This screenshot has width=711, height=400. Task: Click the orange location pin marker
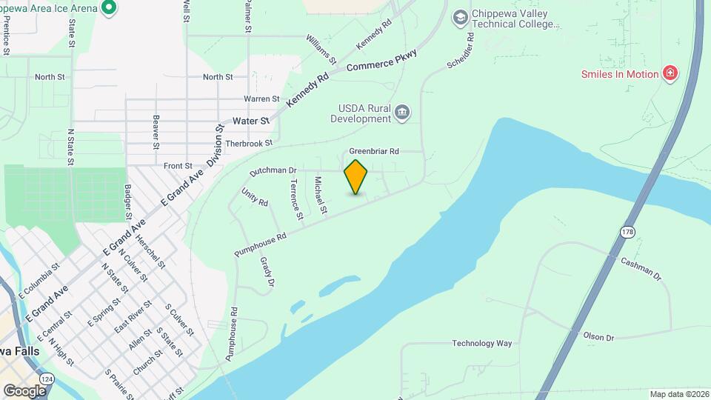pyautogui.click(x=356, y=176)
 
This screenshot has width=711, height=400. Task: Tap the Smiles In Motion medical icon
pyautogui.click(x=670, y=73)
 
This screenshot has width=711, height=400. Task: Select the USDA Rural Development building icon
pyautogui.click(x=402, y=113)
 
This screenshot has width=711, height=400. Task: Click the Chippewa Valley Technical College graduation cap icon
pyautogui.click(x=460, y=16)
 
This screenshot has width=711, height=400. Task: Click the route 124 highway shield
pyautogui.click(x=48, y=379)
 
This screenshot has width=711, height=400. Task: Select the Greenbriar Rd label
pyautogui.click(x=374, y=151)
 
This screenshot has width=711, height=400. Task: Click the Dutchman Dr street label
pyautogui.click(x=273, y=171)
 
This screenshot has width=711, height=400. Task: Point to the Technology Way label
pyautogui.click(x=482, y=344)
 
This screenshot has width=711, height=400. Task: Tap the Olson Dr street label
pyautogui.click(x=598, y=337)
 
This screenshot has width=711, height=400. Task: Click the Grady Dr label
pyautogui.click(x=267, y=272)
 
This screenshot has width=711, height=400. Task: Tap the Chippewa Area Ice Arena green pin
pyautogui.click(x=109, y=8)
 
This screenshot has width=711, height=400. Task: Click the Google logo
pyautogui.click(x=24, y=390)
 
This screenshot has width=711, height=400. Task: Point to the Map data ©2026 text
pyautogui.click(x=678, y=394)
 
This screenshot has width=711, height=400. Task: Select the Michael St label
pyautogui.click(x=321, y=196)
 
